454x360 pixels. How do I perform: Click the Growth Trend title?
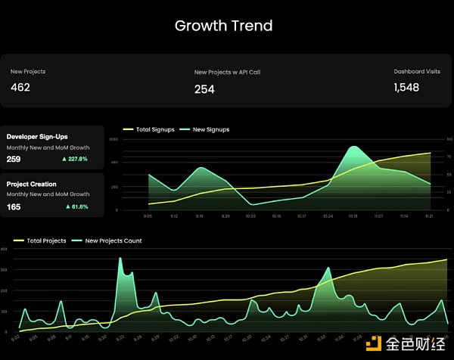click(223, 26)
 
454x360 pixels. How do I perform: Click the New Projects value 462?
click(20, 87)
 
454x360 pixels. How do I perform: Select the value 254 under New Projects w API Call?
click(204, 89)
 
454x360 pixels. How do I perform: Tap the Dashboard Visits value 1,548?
click(406, 88)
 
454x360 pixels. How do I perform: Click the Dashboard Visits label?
click(416, 72)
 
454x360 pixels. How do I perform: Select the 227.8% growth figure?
click(76, 160)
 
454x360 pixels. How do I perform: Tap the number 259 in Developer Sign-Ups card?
click(14, 160)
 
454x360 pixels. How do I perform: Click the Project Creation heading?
click(32, 184)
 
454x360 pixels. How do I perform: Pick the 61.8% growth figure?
click(77, 206)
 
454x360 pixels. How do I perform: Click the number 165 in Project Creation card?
click(14, 206)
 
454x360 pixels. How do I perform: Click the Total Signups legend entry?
click(151, 130)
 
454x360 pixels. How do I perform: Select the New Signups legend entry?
click(205, 130)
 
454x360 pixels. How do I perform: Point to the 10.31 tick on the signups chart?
click(352, 216)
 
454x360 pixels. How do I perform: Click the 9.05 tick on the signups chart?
click(148, 216)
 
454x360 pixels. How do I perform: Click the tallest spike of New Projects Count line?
click(120, 259)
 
